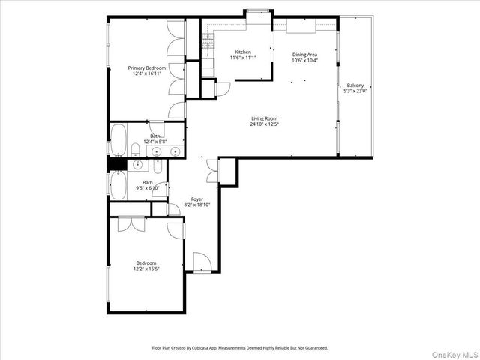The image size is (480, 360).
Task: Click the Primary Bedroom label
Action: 146,68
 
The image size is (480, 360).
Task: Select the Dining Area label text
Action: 304,55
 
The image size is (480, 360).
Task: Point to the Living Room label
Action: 265,118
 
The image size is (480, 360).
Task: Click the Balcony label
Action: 355,85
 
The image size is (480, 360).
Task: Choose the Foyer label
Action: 197,199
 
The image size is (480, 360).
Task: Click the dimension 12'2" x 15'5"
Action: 146,268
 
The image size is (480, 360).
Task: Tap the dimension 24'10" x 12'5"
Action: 265,124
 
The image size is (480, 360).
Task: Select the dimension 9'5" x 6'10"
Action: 148,187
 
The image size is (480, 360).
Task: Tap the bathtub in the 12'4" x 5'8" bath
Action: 118,139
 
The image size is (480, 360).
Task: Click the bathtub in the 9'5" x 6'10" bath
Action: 118,185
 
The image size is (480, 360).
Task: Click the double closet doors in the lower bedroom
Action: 130,223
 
